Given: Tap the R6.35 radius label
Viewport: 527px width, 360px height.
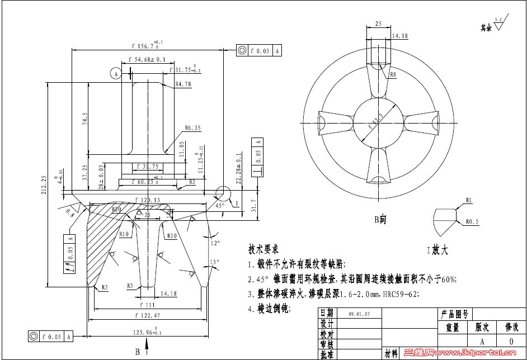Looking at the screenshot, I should point(192,127).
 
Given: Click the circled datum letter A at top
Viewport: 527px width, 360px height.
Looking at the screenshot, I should point(115,74).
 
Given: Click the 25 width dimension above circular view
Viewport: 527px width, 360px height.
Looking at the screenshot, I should point(379,25).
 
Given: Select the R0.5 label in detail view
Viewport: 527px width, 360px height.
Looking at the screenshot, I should point(472,221).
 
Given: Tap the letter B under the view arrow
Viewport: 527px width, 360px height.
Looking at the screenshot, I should point(137,352).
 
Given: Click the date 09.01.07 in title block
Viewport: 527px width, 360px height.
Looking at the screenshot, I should point(359,314).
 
